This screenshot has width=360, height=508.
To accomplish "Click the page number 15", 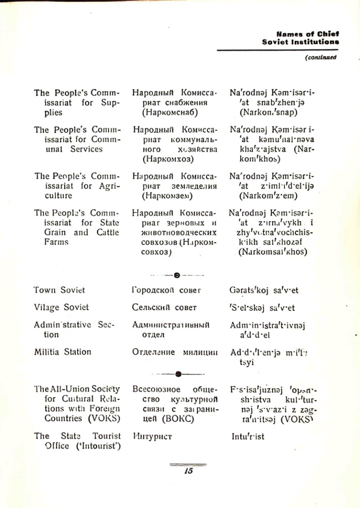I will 189,470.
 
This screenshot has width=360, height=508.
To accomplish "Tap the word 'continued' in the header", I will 322,57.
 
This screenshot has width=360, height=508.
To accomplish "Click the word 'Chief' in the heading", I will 329,33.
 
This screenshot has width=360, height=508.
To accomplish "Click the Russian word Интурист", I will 152,437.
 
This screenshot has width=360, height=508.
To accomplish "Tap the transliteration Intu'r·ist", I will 247,437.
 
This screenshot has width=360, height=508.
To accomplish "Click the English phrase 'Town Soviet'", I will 59,290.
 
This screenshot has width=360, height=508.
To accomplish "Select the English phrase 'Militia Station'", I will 62,351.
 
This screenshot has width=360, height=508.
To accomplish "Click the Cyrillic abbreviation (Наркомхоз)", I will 167,159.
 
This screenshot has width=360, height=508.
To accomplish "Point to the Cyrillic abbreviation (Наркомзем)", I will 167,196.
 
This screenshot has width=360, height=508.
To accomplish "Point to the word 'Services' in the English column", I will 86,149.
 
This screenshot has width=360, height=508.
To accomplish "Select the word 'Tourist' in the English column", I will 107,436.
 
